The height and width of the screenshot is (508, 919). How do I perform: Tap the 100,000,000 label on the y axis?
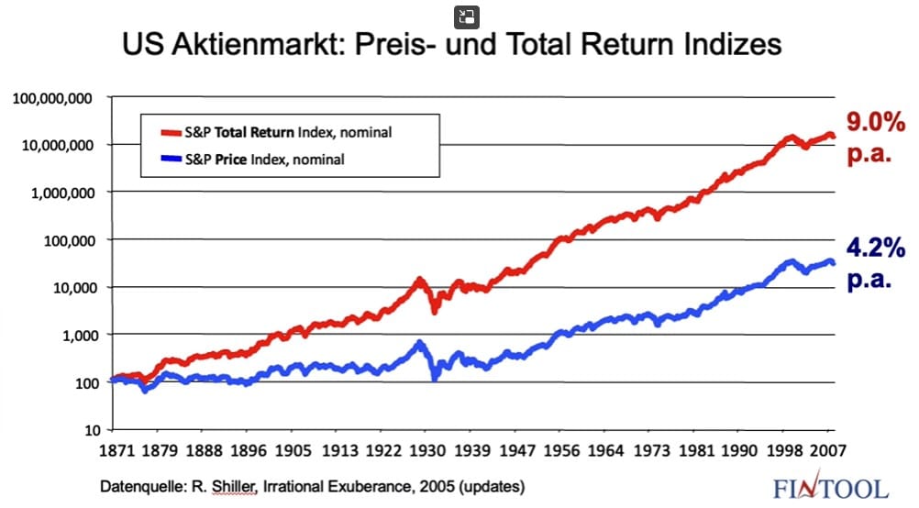[52, 97]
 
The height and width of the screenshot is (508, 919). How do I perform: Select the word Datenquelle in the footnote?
[136, 484]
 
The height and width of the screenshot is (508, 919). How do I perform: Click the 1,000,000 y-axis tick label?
[61, 193]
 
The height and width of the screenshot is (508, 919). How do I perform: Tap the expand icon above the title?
[468, 16]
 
